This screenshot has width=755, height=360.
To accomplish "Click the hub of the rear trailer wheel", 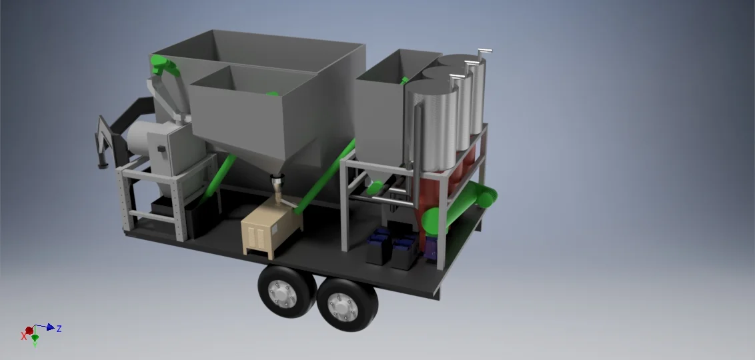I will click(x=347, y=306).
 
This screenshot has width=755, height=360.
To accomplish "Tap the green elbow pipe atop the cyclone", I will click(x=163, y=66).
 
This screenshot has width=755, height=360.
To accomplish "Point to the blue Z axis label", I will click(x=59, y=329).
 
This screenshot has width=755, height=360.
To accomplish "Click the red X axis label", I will click(x=24, y=337).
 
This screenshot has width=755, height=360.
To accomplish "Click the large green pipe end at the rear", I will click(x=489, y=197).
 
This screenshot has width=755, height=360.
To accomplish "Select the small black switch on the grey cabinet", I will click(x=160, y=147).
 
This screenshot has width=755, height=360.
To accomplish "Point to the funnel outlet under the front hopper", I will click(x=277, y=182).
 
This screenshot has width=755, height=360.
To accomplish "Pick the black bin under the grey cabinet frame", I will click(x=164, y=213).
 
